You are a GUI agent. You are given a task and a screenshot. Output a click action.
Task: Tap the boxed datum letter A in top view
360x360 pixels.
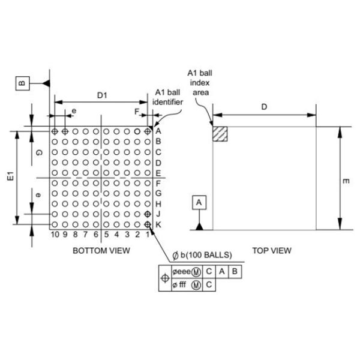click(200, 203)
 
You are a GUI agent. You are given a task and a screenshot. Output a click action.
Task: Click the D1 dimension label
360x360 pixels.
click(103, 94)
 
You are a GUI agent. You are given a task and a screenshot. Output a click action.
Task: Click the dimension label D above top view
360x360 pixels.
click(265, 106)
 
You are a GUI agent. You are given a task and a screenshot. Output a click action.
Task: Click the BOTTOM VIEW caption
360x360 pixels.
click(101, 250)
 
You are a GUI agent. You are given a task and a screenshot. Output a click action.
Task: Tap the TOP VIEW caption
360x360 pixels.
click(272, 250)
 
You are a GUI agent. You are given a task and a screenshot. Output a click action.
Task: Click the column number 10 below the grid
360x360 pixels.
click(55, 235)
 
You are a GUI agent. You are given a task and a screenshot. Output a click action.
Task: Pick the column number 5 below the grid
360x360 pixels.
click(106, 235)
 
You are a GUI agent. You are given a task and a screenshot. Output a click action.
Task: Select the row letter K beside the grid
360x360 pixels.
click(158, 224)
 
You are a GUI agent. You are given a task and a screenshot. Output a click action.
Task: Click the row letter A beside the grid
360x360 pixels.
click(158, 131)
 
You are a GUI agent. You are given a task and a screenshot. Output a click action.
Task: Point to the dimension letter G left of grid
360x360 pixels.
click(38, 153)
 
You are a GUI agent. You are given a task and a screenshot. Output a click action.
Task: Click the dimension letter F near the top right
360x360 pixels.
click(136, 112)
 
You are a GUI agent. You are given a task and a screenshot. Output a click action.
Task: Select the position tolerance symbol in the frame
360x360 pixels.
click(166, 278)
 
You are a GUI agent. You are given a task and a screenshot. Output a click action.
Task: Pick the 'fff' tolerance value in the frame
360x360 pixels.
click(182, 285)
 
